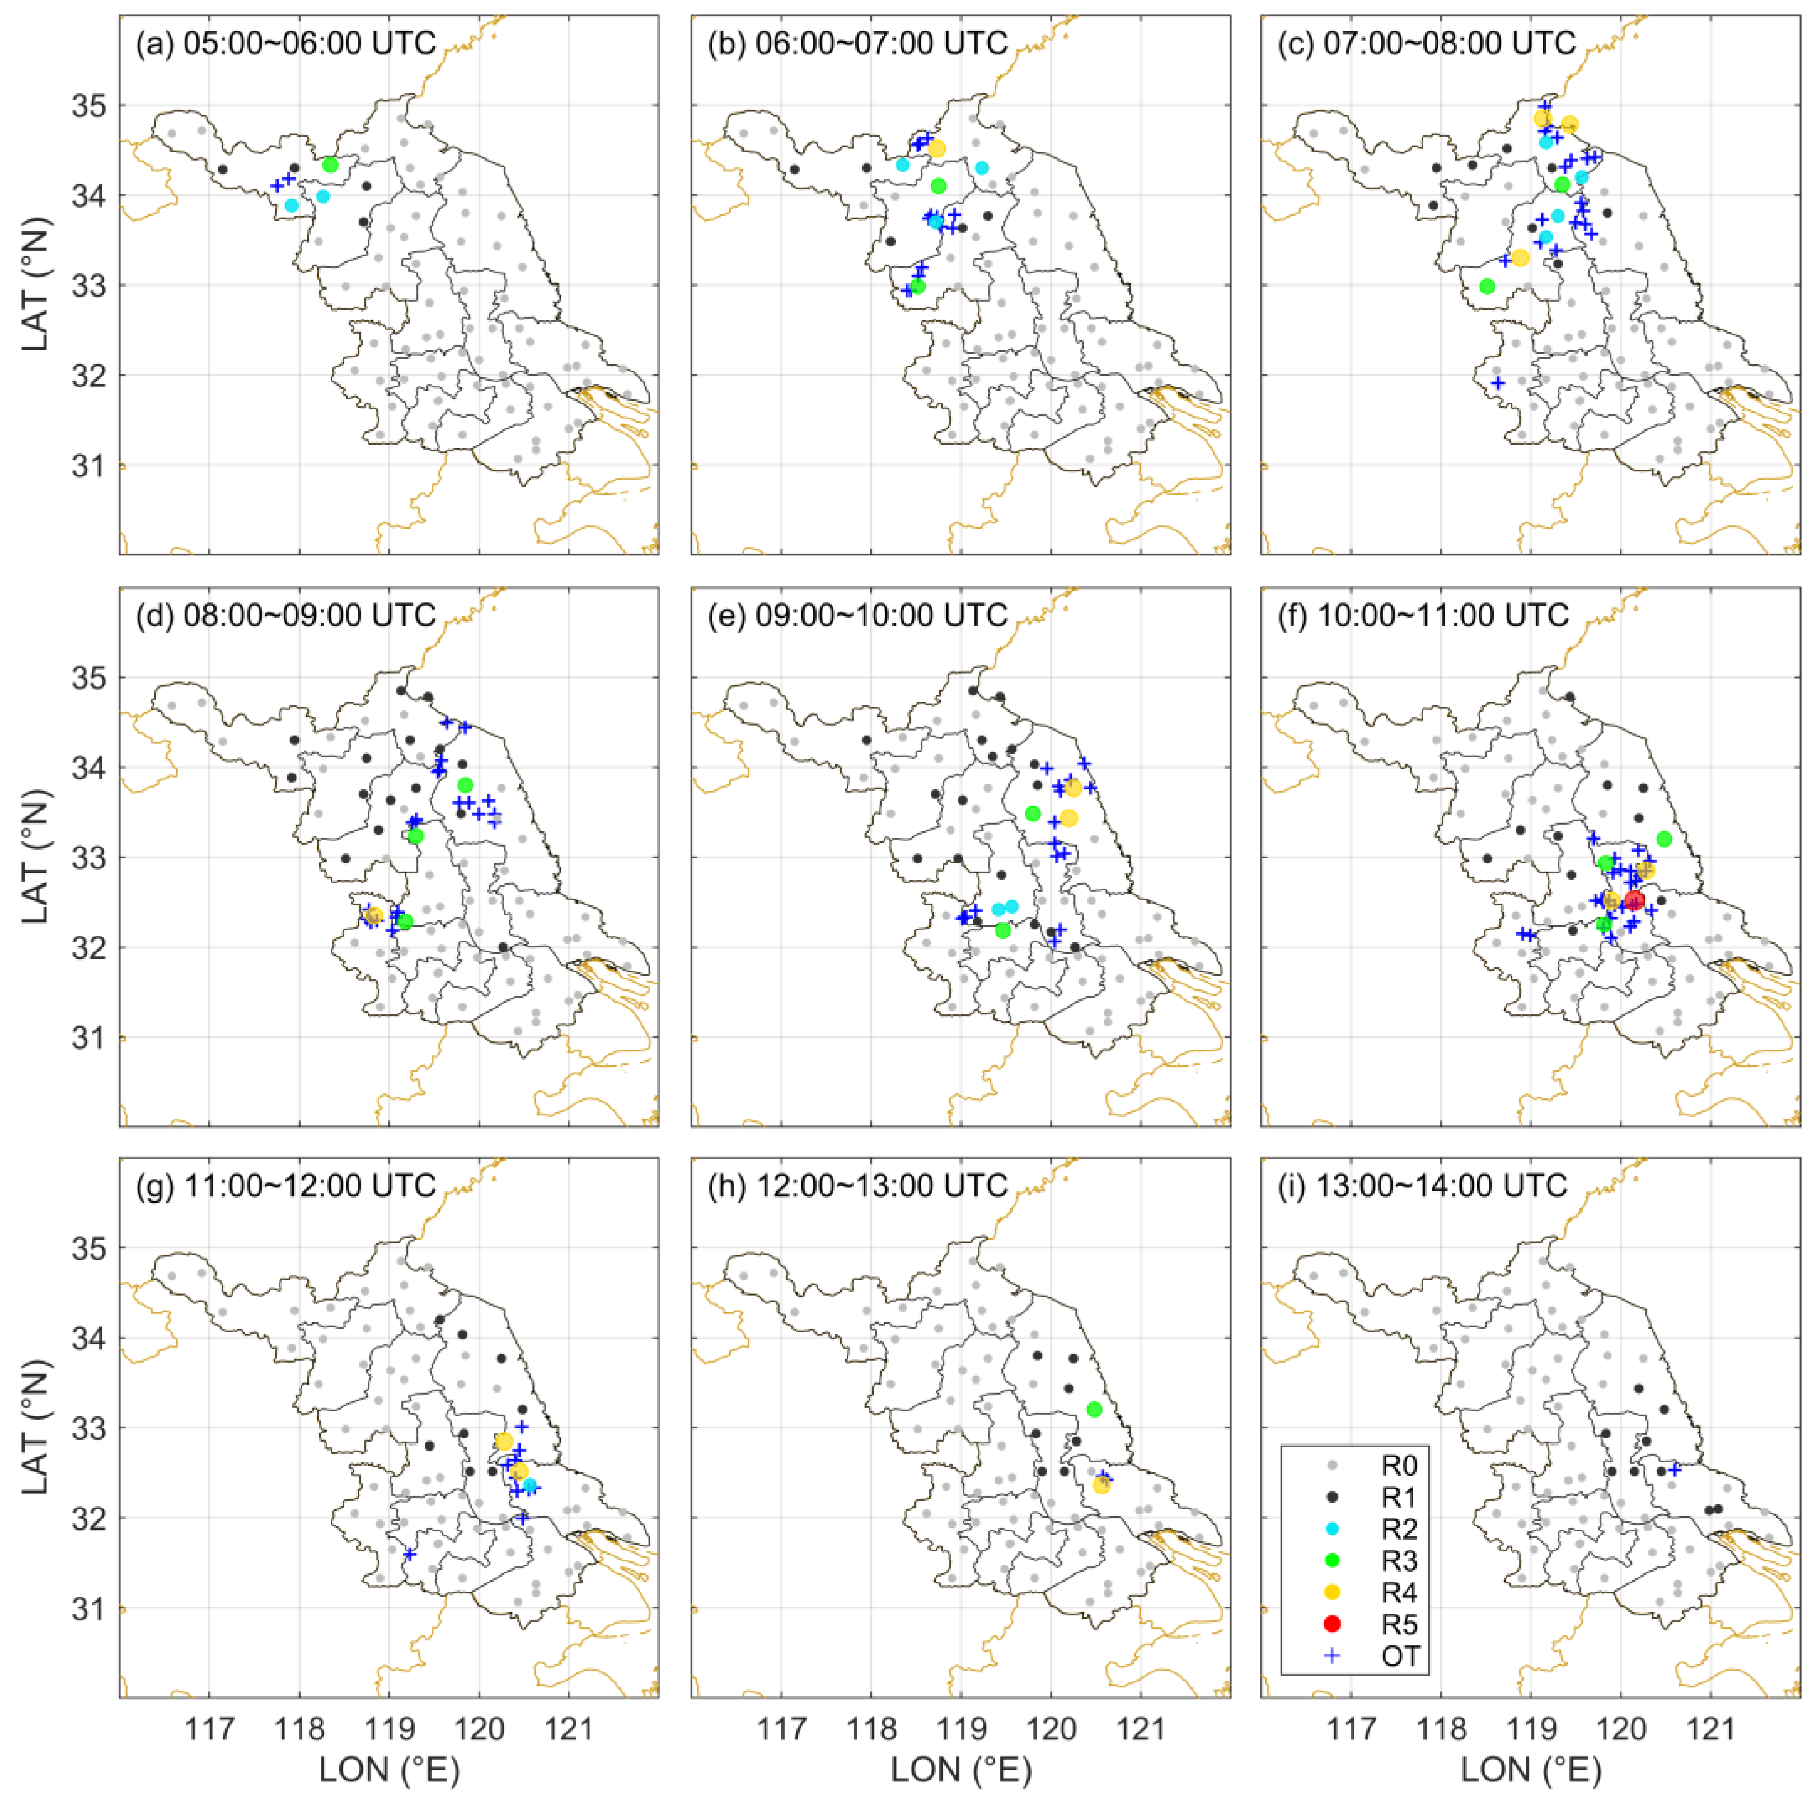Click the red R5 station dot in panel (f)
coord(1634,901)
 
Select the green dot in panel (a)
coord(330,165)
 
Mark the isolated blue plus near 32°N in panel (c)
coord(1498,383)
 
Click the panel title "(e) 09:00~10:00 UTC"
coord(857,615)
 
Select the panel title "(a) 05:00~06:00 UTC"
coord(286,43)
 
